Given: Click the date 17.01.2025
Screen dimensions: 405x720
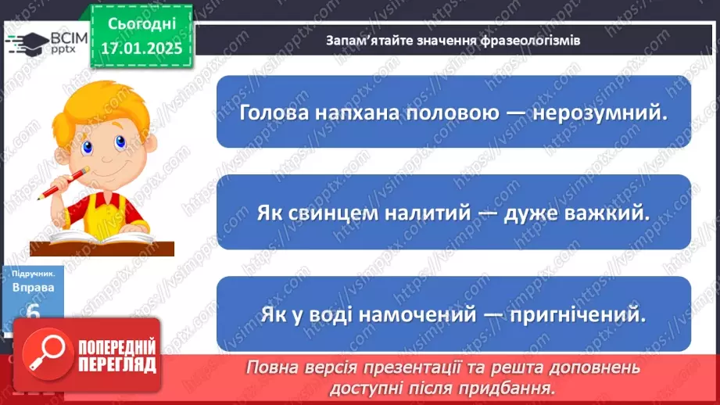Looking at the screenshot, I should pyautogui.click(x=141, y=48).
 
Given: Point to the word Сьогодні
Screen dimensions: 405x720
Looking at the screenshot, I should pyautogui.click(x=141, y=24).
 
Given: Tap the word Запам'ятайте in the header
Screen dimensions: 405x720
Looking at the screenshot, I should pyautogui.click(x=368, y=40).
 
